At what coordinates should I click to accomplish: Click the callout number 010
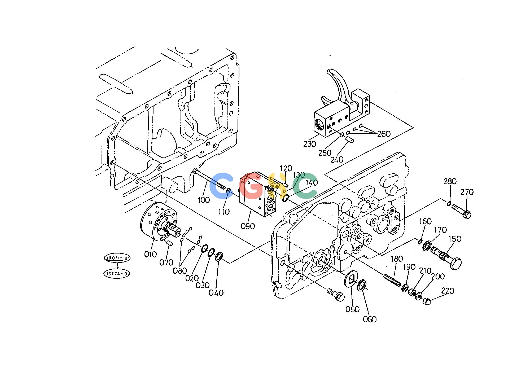pos(150,254)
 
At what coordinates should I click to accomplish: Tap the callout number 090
pos(248,226)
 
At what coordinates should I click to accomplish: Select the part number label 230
pos(310,144)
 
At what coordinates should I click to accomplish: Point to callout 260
pos(384,134)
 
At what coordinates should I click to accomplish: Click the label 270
pos(467,192)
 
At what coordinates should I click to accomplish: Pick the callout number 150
pos(455,239)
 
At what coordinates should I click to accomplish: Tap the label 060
pos(370,319)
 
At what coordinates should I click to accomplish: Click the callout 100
pos(204,200)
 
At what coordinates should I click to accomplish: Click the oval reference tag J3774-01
pos(117,274)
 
